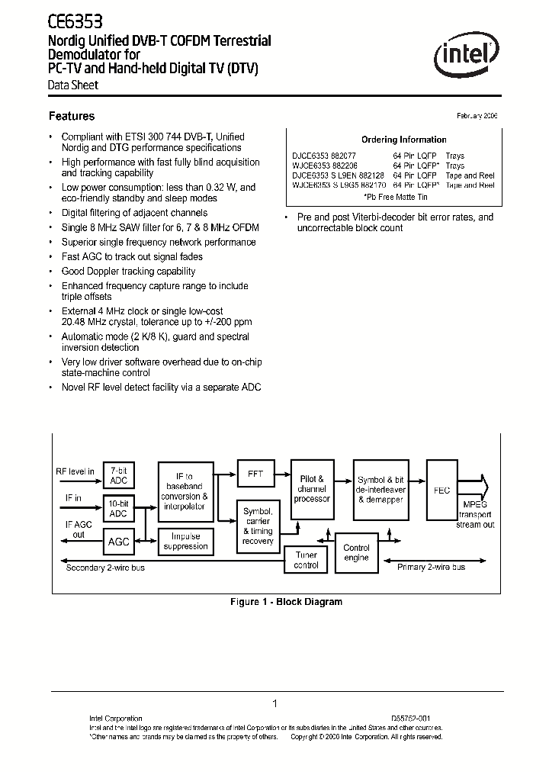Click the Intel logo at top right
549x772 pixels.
[x=467, y=56]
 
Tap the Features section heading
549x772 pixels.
[x=72, y=117]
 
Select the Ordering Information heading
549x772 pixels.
[x=403, y=140]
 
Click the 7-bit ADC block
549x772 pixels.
[x=118, y=476]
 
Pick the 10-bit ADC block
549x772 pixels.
[x=118, y=509]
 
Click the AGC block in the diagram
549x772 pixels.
[x=118, y=541]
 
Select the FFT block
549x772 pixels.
[x=255, y=474]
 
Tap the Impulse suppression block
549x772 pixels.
[x=185, y=541]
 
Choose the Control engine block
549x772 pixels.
[x=356, y=553]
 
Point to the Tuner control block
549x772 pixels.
[x=306, y=561]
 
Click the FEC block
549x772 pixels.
[x=441, y=491]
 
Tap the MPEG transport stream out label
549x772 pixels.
[x=475, y=514]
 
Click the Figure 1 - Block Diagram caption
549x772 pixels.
[x=286, y=602]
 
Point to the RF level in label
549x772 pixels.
[x=75, y=471]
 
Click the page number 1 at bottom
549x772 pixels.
[x=274, y=703]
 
